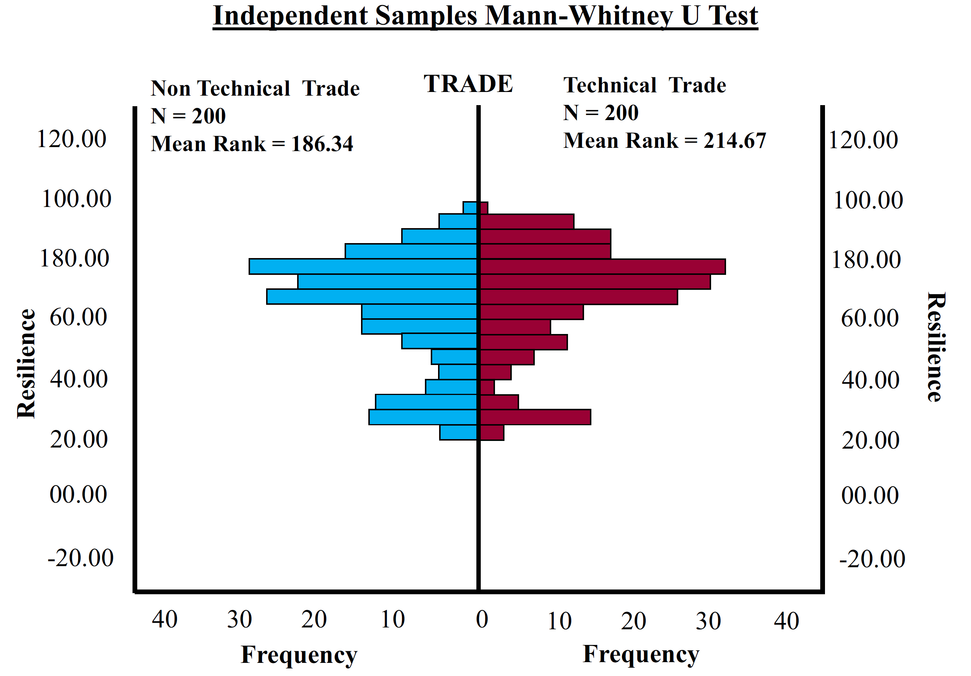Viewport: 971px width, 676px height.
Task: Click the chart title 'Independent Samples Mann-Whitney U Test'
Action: [485, 16]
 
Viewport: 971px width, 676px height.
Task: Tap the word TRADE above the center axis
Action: [468, 84]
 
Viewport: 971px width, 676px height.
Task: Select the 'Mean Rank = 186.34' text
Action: [252, 144]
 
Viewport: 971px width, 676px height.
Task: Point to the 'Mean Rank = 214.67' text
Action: [664, 141]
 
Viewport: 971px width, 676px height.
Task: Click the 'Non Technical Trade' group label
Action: [255, 89]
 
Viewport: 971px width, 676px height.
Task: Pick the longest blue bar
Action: [363, 267]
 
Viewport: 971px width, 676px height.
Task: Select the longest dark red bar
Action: [603, 267]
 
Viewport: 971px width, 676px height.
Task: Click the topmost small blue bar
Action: [470, 208]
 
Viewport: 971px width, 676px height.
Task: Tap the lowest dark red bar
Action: [492, 433]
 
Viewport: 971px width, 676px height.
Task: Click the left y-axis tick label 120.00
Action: [72, 139]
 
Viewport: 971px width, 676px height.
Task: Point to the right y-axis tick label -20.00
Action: [872, 559]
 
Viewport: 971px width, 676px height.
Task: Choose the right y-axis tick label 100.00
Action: [868, 200]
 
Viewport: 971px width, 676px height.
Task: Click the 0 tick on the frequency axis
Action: [482, 620]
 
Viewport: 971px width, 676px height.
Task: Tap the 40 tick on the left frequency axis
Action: [165, 620]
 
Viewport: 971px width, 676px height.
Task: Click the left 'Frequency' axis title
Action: [299, 655]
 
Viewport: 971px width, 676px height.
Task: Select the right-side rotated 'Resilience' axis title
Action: [936, 347]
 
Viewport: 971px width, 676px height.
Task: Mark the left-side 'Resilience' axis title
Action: [26, 364]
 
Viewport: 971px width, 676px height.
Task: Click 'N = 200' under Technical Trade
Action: [600, 113]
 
